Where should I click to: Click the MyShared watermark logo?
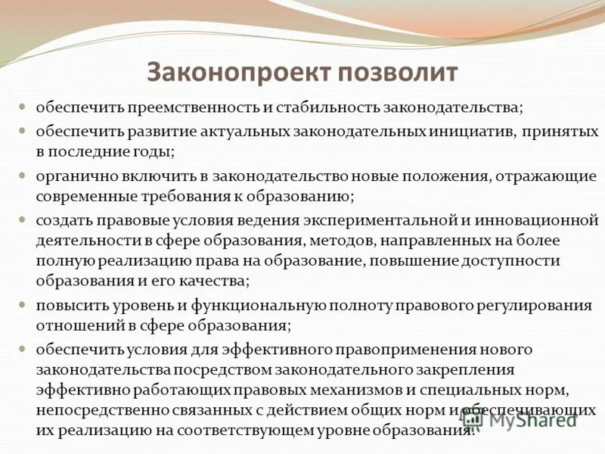click(529, 419)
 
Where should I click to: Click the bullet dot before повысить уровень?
click(23, 304)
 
